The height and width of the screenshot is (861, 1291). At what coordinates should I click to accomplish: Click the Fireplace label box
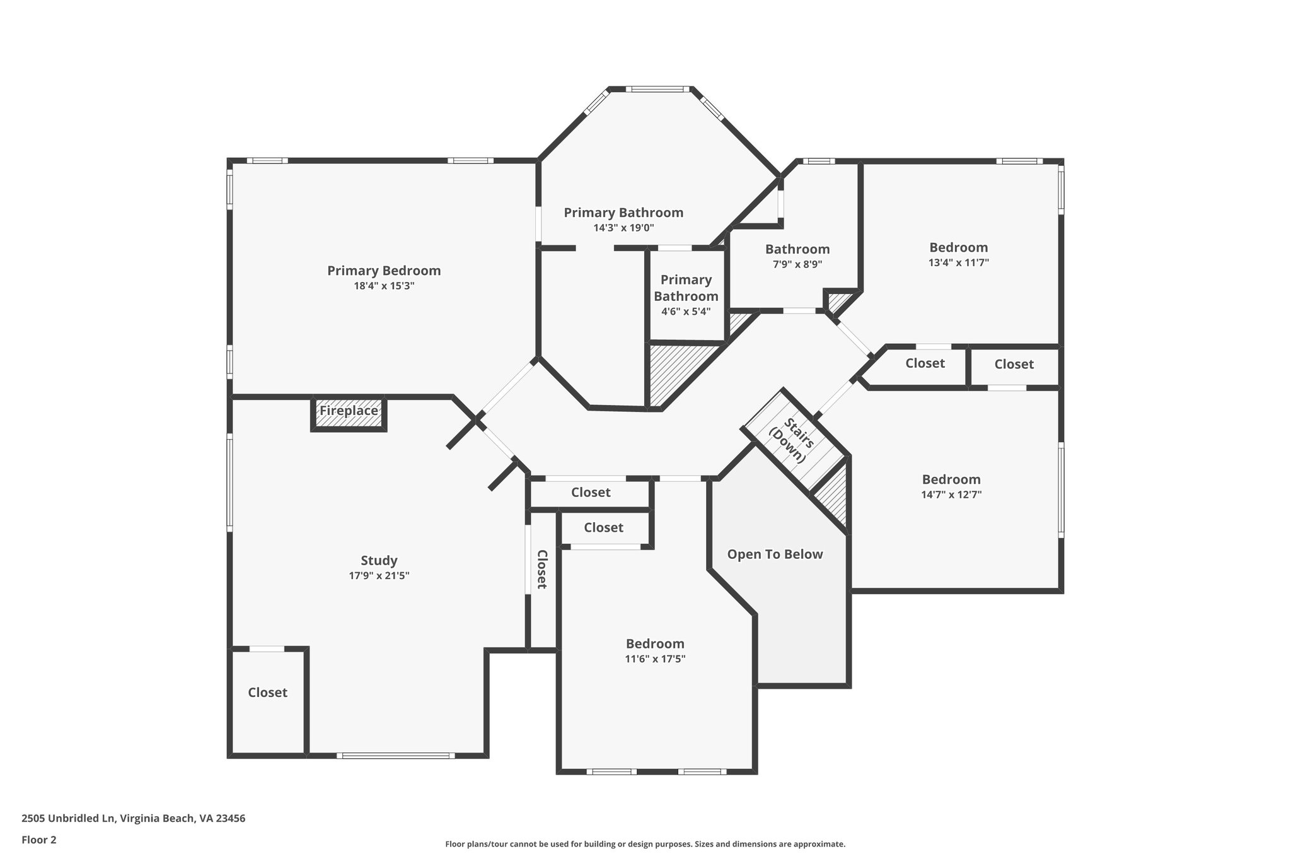click(349, 411)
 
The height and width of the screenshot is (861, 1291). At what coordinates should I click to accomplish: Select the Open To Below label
click(775, 554)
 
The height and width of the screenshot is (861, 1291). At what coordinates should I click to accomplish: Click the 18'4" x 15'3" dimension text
click(384, 286)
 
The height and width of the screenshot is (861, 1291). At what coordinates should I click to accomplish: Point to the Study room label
click(379, 560)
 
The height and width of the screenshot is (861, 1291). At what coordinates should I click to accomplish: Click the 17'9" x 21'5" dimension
click(379, 575)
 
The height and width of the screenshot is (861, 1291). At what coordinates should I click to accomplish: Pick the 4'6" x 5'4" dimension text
click(686, 312)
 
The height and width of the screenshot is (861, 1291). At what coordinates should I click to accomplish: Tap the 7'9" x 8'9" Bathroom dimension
click(797, 264)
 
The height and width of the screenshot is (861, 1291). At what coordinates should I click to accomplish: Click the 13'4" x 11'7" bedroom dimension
click(958, 262)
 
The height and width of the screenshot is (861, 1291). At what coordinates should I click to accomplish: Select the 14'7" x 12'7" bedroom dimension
click(951, 495)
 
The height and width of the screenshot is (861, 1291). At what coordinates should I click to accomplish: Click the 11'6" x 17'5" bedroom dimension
click(655, 659)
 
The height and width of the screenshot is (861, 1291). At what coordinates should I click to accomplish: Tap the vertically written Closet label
click(541, 569)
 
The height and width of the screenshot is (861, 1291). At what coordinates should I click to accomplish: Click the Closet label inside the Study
click(267, 693)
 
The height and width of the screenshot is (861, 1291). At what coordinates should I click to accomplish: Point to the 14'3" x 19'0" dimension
click(623, 228)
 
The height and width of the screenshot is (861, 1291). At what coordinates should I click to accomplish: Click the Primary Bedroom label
click(384, 271)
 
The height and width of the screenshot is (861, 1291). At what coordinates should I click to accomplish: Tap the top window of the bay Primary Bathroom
click(657, 90)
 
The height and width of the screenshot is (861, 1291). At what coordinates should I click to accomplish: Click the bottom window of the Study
click(395, 755)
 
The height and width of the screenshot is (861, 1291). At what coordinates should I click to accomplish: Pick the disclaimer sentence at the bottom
click(645, 844)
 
